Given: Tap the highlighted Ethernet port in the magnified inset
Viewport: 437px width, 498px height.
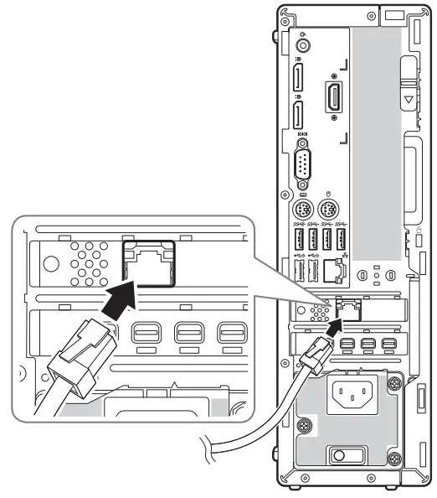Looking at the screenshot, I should [x=149, y=262].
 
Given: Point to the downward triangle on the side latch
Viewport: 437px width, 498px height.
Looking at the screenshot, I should [x=408, y=98].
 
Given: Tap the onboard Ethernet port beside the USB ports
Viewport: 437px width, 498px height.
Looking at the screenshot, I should [x=335, y=270].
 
